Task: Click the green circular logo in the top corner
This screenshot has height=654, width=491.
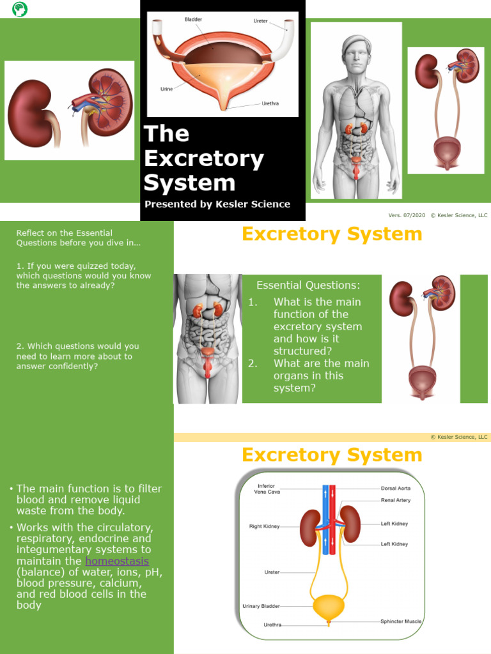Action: [x=20, y=9]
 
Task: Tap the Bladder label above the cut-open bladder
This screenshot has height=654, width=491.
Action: [x=193, y=20]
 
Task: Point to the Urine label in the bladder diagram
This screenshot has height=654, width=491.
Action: [x=166, y=89]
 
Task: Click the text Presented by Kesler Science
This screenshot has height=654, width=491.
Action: [x=217, y=204]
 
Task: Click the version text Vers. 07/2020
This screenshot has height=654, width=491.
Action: [x=407, y=215]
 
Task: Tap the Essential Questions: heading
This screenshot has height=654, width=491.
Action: [x=308, y=285]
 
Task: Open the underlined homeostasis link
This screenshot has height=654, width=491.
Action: [x=117, y=561]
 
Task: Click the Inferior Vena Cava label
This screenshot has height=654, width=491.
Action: [x=264, y=489]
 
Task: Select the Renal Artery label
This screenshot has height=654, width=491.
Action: [x=396, y=500]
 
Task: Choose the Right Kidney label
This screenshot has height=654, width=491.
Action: [x=264, y=527]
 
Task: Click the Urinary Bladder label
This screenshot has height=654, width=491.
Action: [x=261, y=606]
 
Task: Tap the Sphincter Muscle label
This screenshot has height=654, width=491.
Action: [x=401, y=621]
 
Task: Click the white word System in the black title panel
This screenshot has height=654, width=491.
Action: [x=189, y=183]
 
